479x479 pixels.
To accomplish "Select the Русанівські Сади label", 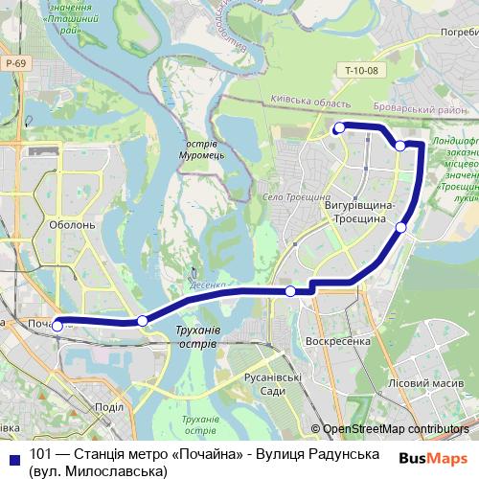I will point(273,384).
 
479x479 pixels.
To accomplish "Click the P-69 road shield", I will point(13,63).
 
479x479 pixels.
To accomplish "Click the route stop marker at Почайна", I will point(57,326).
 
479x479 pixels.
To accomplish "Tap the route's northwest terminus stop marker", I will point(339,127).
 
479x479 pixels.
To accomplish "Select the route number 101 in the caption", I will point(41,453).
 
